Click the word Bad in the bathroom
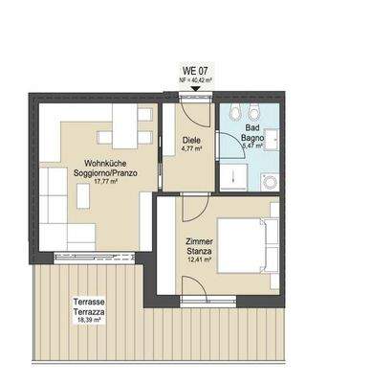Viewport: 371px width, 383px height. (x=252, y=127)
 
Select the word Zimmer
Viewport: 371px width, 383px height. (x=201, y=242)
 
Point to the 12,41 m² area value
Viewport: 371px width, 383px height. (x=201, y=261)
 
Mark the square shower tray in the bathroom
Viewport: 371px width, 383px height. (x=235, y=178)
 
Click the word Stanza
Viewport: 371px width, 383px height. (x=201, y=252)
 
